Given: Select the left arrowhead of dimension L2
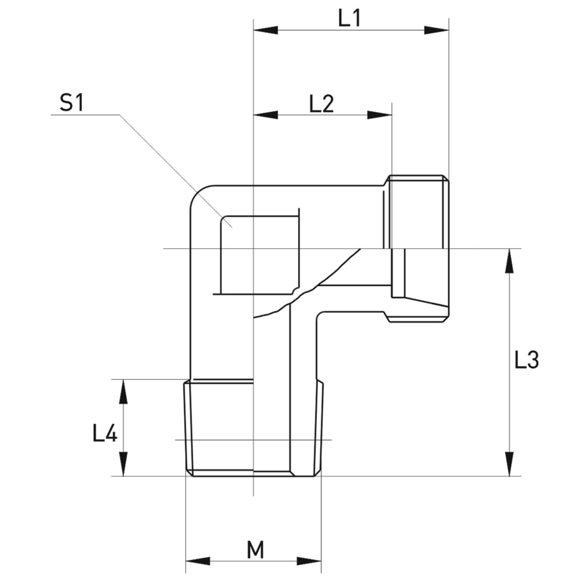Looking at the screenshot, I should click(x=265, y=115).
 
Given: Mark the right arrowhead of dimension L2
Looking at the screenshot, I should click(x=379, y=115).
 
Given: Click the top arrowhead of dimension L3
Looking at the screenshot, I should click(x=509, y=261).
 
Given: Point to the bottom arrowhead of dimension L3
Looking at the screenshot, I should click(x=509, y=464).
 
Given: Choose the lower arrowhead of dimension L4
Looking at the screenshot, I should click(x=123, y=464).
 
